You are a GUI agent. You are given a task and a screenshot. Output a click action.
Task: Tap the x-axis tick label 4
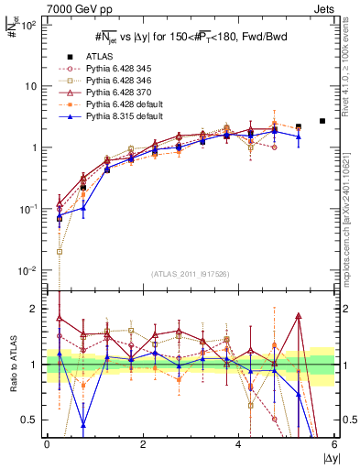238,445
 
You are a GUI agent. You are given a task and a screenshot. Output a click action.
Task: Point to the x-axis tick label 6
334,445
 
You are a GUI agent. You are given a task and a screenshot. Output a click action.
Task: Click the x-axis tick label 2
143,445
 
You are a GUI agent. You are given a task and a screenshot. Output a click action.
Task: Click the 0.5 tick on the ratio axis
31,420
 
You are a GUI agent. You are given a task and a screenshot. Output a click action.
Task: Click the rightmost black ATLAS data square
322,121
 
